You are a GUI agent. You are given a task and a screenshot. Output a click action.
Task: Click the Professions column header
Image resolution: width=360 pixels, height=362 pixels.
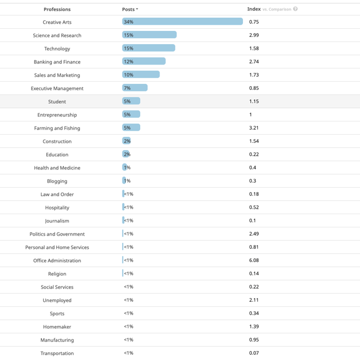57,9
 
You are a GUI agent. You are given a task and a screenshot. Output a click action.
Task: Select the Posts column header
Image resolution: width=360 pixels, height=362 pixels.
130,9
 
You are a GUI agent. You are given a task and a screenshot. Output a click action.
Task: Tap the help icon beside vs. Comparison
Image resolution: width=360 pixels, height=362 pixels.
295,9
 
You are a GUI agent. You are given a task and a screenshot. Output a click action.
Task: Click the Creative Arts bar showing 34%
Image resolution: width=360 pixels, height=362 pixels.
182,22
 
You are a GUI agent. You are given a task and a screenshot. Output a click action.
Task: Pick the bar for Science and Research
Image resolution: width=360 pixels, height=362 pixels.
149,35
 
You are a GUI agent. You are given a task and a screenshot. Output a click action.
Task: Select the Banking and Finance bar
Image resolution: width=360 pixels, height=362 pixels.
144,61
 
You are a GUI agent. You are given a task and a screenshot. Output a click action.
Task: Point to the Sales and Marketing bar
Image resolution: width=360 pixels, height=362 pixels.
141,74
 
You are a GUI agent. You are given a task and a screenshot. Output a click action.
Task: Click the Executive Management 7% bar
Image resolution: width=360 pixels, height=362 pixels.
135,88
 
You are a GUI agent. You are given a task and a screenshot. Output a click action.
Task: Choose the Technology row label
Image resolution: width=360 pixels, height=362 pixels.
57,49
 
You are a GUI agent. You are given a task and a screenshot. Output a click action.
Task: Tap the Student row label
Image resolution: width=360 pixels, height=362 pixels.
57,102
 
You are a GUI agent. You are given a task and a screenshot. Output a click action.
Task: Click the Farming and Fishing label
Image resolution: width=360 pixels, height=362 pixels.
57,128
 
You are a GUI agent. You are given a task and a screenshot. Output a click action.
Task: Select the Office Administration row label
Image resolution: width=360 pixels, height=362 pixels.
57,260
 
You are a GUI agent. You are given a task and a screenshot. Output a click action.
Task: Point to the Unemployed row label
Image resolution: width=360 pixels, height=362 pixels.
57,300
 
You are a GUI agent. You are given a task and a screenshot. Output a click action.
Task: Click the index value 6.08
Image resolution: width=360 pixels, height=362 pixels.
254,260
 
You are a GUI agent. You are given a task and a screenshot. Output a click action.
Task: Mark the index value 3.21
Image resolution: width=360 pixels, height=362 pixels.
254,128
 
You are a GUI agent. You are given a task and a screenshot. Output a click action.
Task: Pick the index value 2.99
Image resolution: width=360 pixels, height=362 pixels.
254,35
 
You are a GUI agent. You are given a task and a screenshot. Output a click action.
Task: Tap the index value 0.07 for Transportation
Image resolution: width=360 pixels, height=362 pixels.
254,353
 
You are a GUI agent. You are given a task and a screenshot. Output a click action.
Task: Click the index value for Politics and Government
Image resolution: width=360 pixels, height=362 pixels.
254,234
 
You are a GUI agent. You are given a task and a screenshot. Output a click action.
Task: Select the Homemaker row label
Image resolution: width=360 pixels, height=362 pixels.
57,327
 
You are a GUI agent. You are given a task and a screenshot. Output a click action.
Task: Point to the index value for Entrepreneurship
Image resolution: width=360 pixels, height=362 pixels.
251,115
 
